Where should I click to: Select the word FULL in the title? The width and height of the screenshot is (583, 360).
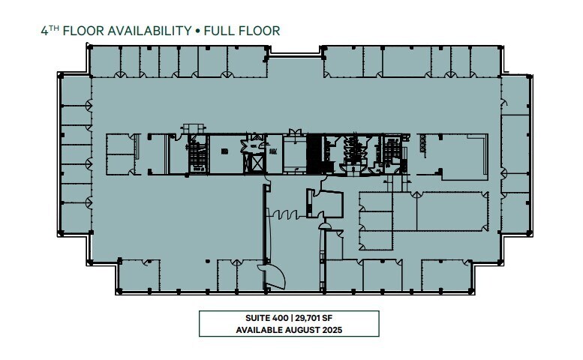223,31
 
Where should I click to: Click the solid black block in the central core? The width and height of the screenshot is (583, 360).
315,153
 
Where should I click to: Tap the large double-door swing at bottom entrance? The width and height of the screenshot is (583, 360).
272,276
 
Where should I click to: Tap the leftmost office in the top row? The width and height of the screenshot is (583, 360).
104,61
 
